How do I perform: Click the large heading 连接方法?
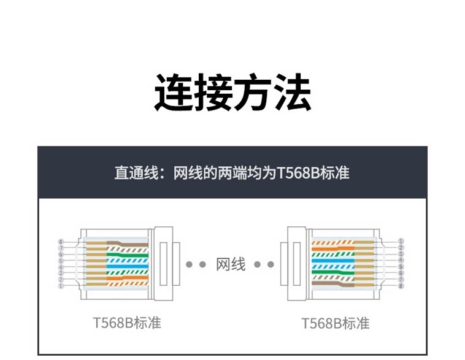(232, 93)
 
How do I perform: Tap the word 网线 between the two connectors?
(231, 264)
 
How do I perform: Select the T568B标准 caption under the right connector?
(336, 323)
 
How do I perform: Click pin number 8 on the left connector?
(61, 242)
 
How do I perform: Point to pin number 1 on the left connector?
(61, 286)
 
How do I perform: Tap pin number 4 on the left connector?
(61, 267)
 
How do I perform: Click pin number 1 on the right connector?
(401, 242)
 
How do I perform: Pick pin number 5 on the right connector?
(401, 267)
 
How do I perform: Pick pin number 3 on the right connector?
(401, 254)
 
